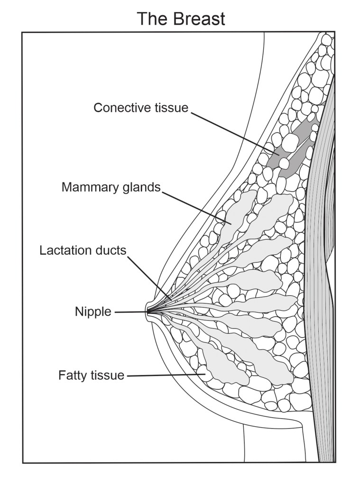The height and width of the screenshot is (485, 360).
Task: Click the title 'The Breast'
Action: (x=181, y=18)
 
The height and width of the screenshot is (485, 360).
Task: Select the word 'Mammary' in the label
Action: (x=88, y=187)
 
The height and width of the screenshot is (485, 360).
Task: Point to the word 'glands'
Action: (x=138, y=187)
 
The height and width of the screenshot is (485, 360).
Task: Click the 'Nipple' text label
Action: (x=93, y=311)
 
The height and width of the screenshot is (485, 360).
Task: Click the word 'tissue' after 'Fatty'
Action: (x=107, y=375)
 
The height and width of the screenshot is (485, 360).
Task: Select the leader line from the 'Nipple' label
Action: (x=130, y=312)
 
